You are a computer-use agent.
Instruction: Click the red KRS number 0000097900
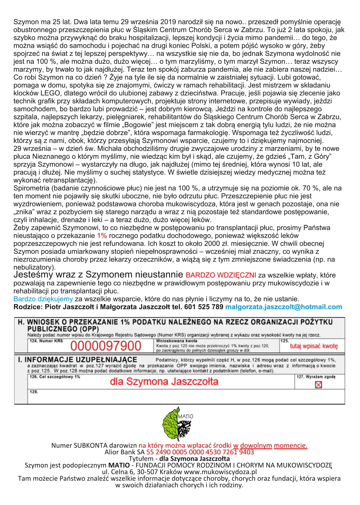click(x=106, y=346)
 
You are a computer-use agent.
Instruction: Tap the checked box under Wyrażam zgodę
click(x=318, y=385)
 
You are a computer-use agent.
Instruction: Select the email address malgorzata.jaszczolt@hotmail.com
click(x=284, y=307)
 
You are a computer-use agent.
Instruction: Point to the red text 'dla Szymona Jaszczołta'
click(x=164, y=381)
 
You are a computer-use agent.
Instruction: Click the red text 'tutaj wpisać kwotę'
click(x=314, y=346)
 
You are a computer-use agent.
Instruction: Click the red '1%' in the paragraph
click(x=102, y=236)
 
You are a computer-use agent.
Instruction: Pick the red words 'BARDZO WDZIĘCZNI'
click(x=221, y=275)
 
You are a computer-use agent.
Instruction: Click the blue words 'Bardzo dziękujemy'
click(x=43, y=299)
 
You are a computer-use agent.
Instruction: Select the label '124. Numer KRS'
click(x=46, y=341)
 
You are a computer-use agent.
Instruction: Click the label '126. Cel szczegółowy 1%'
click(x=55, y=377)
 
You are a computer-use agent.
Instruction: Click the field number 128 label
click(x=34, y=392)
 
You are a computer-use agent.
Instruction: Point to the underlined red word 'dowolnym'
click(x=256, y=445)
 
